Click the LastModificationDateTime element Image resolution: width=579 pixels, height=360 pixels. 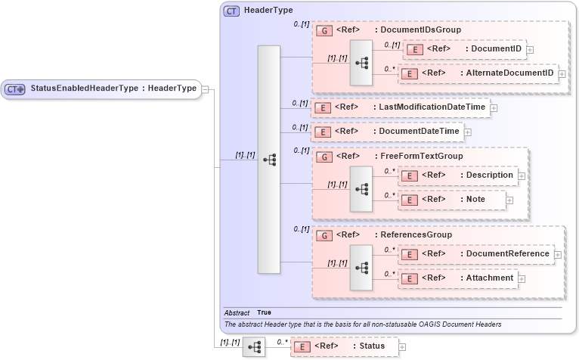(400, 107)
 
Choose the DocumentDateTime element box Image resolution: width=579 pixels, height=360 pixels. (387, 132)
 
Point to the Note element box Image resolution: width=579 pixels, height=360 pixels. (451, 200)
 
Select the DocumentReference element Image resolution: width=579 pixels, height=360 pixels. (475, 254)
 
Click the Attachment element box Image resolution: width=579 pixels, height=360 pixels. (457, 278)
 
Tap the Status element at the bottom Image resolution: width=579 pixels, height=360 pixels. (343, 346)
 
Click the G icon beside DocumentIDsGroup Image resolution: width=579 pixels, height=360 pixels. (324, 31)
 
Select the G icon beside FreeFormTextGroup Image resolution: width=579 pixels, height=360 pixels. (324, 157)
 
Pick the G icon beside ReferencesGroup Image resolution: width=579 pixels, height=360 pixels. (324, 235)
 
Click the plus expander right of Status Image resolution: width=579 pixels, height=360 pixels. (402, 347)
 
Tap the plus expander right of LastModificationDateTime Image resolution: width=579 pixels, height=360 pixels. (494, 108)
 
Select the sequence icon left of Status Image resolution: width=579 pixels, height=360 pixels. (254, 346)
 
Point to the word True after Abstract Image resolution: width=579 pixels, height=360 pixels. (265, 312)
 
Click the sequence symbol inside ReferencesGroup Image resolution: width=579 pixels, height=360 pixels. (361, 266)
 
